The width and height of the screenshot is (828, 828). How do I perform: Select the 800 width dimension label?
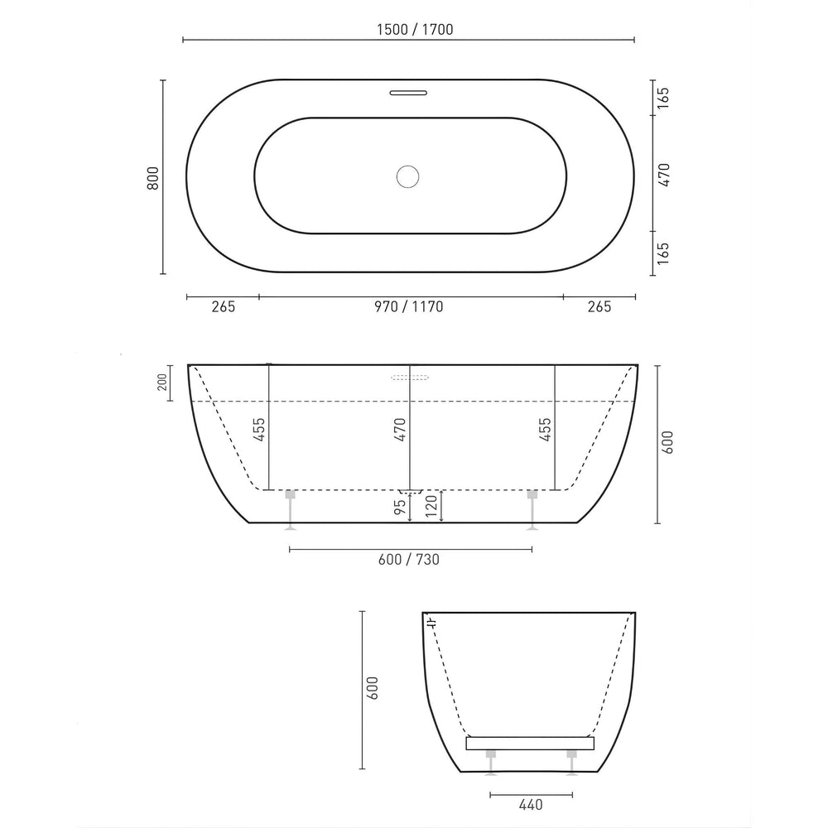click(152, 177)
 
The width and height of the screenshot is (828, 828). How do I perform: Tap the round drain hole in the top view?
click(408, 176)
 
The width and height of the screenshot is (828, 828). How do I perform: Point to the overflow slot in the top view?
click(408, 92)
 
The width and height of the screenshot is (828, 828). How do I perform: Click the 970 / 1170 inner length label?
click(408, 307)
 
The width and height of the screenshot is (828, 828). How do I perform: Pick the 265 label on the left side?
click(224, 307)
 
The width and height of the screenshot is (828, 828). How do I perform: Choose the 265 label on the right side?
click(599, 307)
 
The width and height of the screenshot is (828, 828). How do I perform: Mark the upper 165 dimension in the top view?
click(664, 97)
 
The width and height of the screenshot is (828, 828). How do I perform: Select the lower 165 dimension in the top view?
click(664, 251)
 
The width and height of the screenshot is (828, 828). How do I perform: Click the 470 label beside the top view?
click(664, 174)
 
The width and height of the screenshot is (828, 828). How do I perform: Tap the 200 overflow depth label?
click(163, 382)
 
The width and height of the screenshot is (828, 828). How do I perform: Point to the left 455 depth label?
click(259, 431)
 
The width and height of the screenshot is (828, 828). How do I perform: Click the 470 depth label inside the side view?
click(400, 431)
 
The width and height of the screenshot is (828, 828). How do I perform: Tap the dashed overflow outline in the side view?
click(410, 378)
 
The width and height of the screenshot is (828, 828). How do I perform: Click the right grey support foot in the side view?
click(532, 506)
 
